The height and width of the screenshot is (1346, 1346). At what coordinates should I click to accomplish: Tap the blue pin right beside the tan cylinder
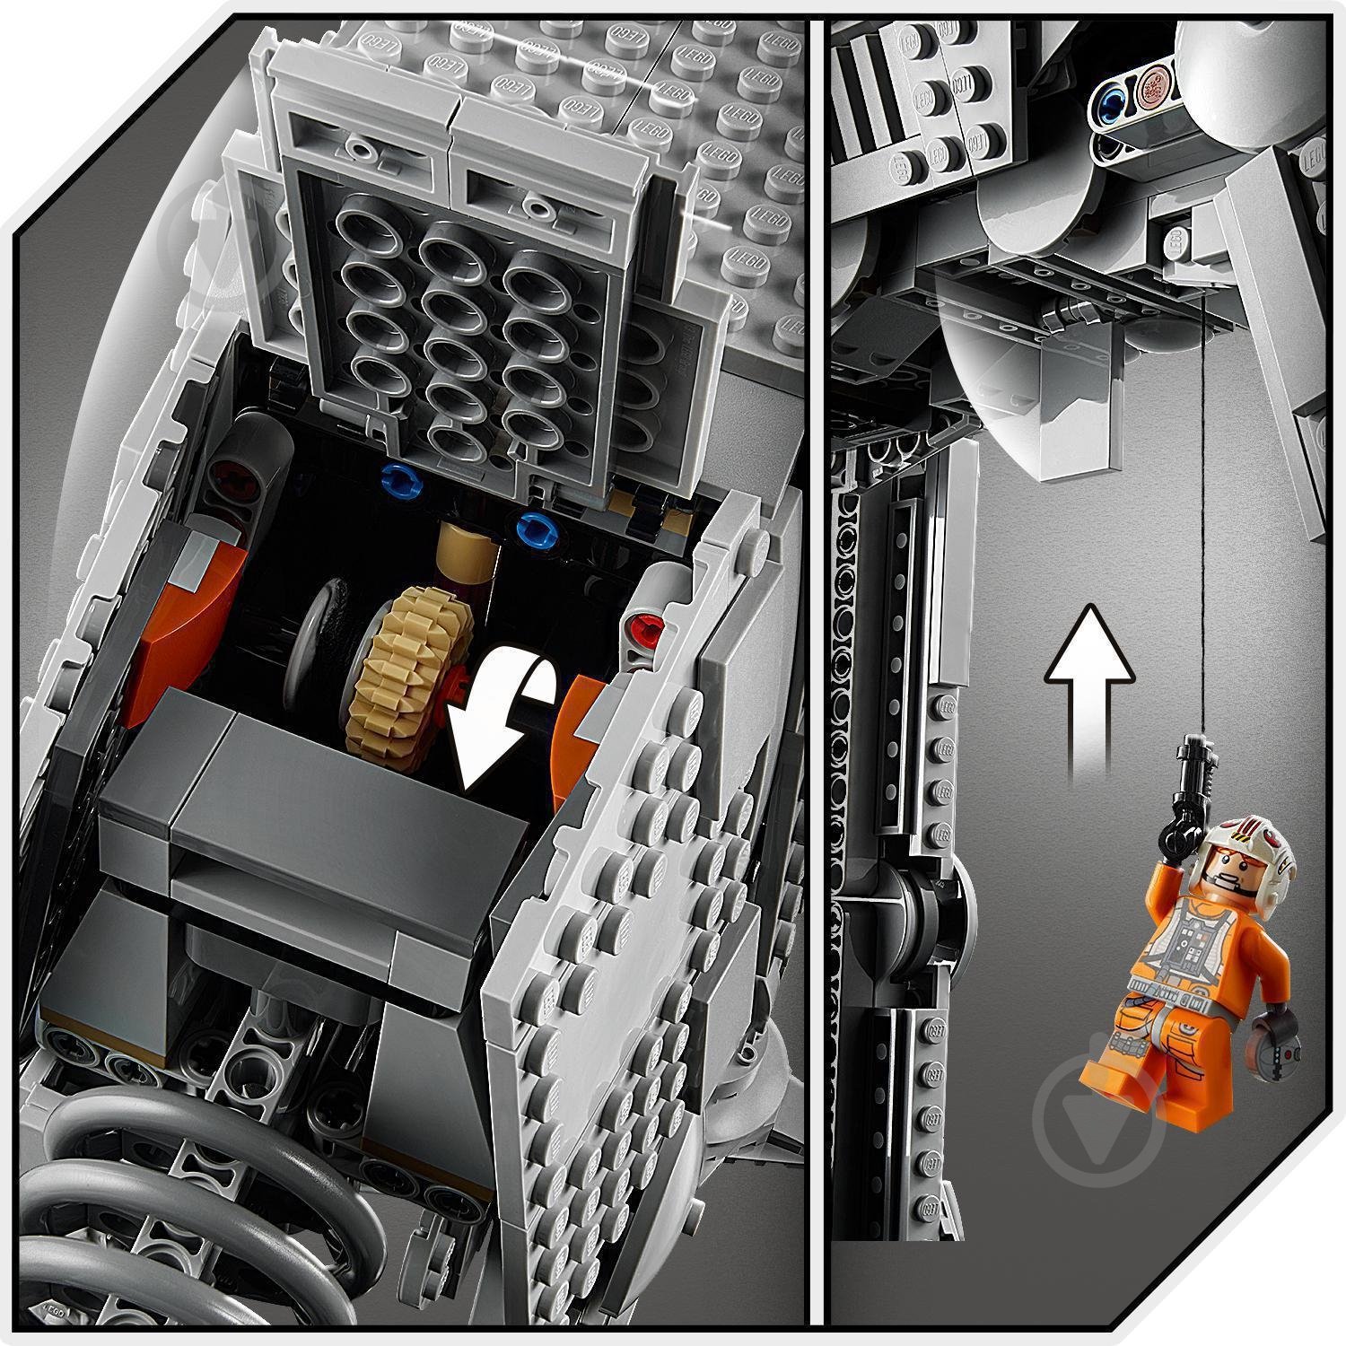point(536,527)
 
